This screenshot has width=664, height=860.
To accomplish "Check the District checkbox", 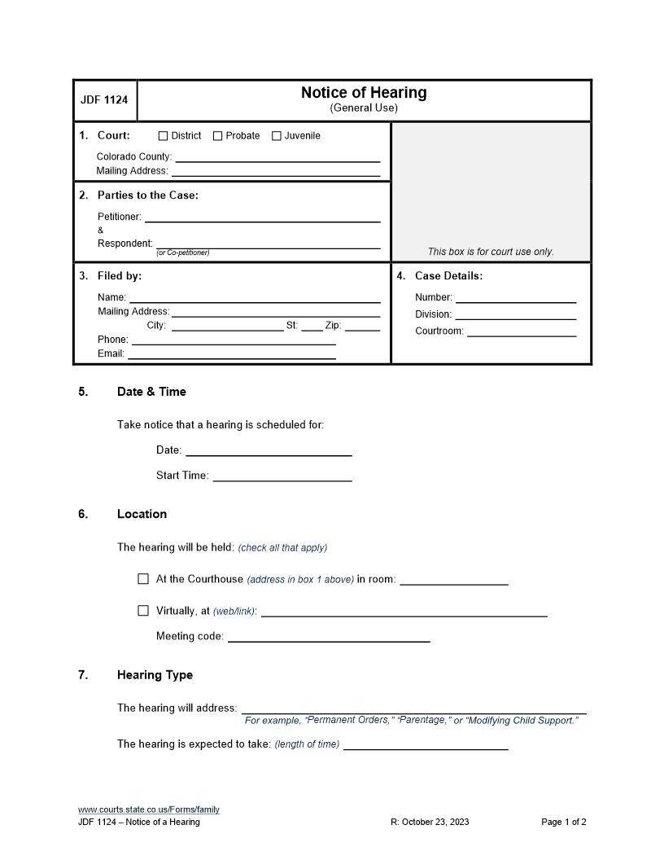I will [163, 136].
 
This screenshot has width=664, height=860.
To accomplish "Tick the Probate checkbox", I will [217, 136].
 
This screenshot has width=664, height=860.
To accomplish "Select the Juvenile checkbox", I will [276, 136].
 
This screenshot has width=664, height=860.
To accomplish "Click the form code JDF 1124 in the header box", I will [105, 100].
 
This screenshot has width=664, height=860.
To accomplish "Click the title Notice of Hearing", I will [364, 93].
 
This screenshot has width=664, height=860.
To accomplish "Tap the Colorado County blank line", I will [277, 157].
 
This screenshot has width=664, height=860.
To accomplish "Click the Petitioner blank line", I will [262, 217].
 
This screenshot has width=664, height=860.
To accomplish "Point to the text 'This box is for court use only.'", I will [491, 252].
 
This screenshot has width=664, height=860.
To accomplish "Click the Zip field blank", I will [362, 326].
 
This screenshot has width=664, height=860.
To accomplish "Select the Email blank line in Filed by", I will [232, 354].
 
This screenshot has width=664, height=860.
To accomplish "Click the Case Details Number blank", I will [515, 298].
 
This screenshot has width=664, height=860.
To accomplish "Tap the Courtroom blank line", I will [522, 331].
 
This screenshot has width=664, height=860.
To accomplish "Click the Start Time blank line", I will [282, 476].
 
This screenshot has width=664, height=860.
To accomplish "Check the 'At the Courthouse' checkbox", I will [143, 579].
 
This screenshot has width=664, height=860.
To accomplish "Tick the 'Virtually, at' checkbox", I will [143, 610].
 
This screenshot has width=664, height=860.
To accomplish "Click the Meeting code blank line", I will [328, 638].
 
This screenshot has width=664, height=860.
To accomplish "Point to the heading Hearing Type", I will [155, 675].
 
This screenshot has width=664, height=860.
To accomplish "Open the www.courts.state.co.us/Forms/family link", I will [149, 810].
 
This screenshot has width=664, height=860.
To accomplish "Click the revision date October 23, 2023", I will [430, 822].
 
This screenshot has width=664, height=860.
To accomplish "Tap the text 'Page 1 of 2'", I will [563, 822].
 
